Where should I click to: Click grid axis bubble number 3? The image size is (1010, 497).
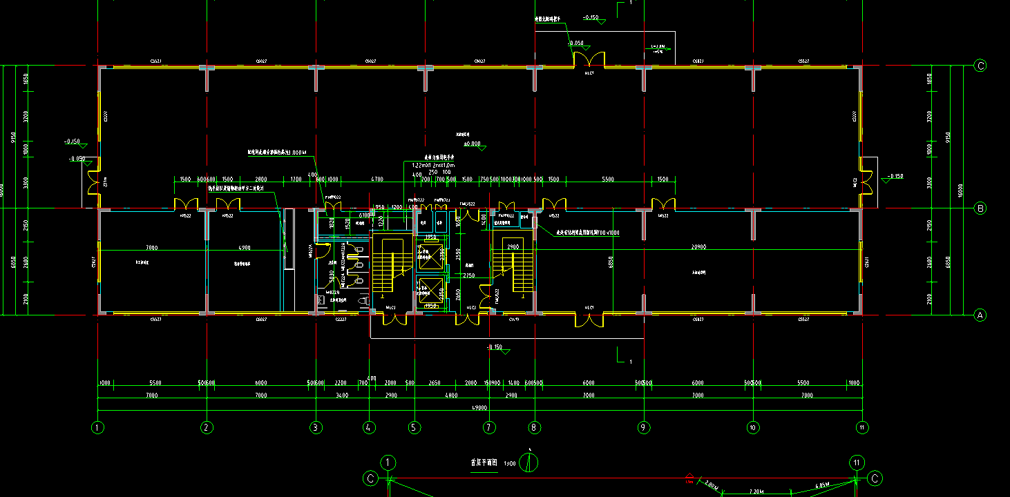point(316,427)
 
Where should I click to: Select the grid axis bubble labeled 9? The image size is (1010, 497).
point(644,427)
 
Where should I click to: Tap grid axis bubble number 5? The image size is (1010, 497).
point(414,427)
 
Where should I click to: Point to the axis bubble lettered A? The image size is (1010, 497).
point(980,315)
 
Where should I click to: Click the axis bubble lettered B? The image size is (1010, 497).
point(980,208)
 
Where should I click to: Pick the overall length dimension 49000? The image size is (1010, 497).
point(479,408)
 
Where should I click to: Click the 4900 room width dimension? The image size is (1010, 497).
point(244,247)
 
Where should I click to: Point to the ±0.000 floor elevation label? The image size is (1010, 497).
point(473,144)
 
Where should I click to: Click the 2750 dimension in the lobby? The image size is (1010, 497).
point(469,276)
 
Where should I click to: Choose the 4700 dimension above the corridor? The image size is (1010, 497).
point(377,179)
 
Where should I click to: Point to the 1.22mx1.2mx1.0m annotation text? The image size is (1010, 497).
point(431,166)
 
